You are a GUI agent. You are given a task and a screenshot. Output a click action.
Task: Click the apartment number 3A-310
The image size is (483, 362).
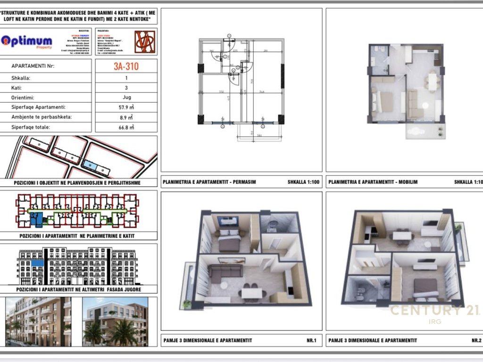(126, 66)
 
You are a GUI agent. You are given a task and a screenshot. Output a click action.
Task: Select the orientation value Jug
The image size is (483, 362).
(126, 98)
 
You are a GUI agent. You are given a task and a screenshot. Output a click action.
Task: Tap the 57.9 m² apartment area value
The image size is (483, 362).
(126, 107)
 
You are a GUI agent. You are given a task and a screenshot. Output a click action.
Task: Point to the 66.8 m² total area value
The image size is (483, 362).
(126, 127)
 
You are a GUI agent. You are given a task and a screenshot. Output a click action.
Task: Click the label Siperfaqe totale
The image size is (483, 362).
(31, 127)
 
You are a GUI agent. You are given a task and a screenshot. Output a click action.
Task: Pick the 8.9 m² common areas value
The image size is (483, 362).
(126, 117)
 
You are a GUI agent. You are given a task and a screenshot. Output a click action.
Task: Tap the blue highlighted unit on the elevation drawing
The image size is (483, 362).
(38, 263)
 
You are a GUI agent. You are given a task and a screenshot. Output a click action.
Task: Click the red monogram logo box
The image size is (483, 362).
(145, 41)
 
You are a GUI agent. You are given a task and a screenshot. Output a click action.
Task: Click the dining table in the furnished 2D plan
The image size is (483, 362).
(432, 81)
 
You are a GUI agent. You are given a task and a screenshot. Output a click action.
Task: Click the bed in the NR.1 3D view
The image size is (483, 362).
(228, 240)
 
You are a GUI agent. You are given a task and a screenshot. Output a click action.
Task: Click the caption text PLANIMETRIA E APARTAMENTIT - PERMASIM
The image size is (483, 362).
(209, 181)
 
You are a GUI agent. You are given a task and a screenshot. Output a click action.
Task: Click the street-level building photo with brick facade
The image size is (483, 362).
(38, 321)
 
